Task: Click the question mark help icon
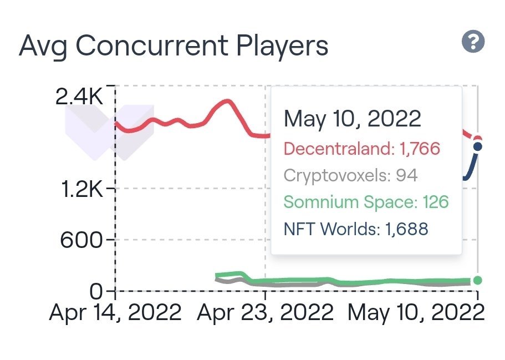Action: (x=473, y=42)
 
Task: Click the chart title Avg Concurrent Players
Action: (x=174, y=47)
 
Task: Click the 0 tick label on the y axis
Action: (x=98, y=290)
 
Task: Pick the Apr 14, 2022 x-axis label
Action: (x=115, y=313)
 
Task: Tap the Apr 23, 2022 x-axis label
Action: (x=266, y=313)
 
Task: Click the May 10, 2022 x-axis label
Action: (x=416, y=313)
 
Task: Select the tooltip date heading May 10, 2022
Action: (x=353, y=119)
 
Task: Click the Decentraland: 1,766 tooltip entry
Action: (x=361, y=149)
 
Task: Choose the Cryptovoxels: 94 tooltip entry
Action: (x=350, y=176)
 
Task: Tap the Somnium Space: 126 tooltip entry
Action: (x=366, y=202)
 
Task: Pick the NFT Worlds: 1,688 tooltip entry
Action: (x=356, y=229)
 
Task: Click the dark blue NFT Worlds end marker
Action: (x=478, y=146)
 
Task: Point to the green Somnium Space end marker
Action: (x=478, y=280)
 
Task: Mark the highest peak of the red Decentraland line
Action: (x=227, y=102)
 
